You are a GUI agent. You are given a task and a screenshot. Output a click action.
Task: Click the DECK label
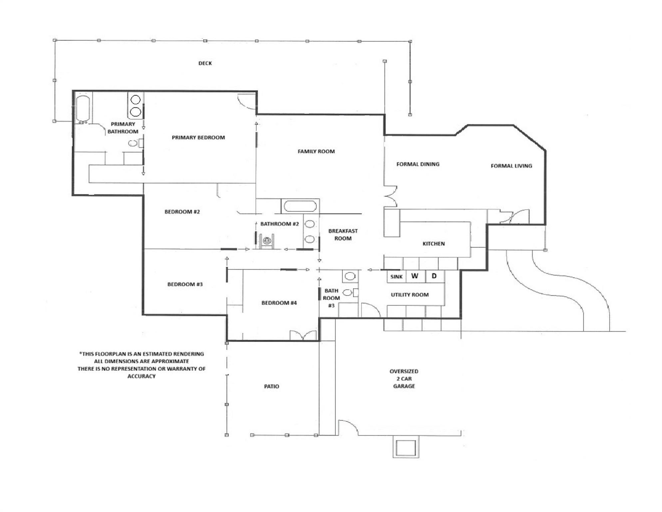205,63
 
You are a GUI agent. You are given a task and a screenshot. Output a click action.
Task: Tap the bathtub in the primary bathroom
83,109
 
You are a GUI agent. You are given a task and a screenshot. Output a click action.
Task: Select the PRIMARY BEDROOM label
198,137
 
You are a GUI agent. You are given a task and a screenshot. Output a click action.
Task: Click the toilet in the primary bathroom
134,143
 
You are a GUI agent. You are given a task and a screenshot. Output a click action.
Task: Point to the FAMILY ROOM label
316,151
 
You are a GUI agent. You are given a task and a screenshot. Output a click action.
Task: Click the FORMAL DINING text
418,164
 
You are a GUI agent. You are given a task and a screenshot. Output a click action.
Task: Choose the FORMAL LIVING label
511,166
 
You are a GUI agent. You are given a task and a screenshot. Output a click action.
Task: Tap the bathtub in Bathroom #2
300,206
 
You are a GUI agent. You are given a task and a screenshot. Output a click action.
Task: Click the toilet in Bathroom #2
266,240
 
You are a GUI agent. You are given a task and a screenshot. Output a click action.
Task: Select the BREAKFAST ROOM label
343,234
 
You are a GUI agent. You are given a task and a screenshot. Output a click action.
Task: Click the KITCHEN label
433,244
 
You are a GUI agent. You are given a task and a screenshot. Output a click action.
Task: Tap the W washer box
415,276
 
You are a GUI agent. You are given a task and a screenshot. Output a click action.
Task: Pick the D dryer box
434,276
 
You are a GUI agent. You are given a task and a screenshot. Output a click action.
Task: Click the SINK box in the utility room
396,277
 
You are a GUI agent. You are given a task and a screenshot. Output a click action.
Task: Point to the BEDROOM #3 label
185,284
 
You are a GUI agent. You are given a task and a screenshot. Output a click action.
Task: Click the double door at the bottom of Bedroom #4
303,335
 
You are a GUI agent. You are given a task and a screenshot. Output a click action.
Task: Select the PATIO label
271,386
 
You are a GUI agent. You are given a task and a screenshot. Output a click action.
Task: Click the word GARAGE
404,386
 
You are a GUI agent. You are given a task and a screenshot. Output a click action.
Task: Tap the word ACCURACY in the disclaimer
141,376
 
